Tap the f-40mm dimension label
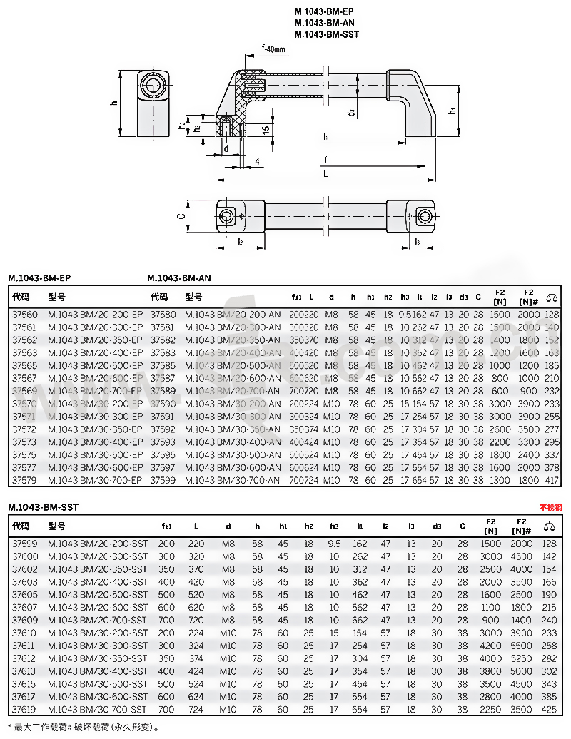pyautogui.click(x=273, y=49)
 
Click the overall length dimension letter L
pyautogui.click(x=325, y=173)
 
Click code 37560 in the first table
pyautogui.click(x=26, y=315)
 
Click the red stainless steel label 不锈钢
pyautogui.click(x=550, y=507)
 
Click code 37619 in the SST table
pyautogui.click(x=26, y=710)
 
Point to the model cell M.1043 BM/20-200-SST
pyautogui.click(x=97, y=544)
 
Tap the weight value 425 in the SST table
pyautogui.click(x=549, y=710)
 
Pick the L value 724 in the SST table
pyautogui.click(x=196, y=710)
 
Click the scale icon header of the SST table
pyautogui.click(x=549, y=526)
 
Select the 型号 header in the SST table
pyautogui.click(x=57, y=526)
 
